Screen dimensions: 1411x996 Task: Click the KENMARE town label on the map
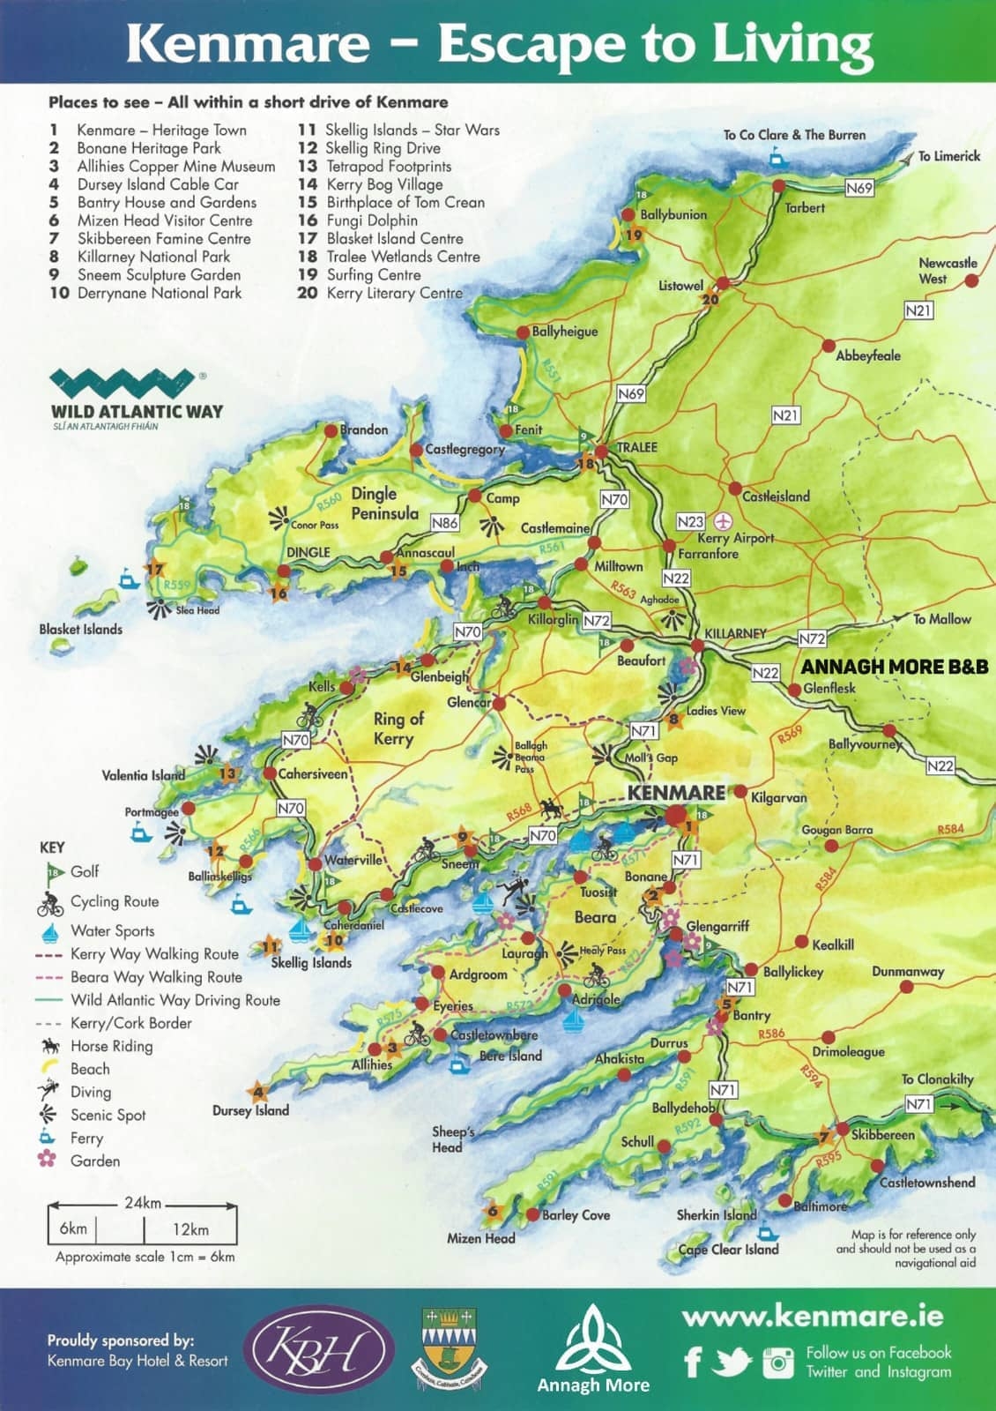click(x=675, y=793)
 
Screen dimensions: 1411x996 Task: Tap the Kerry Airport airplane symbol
click(x=725, y=520)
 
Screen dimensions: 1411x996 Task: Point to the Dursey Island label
click(x=250, y=1110)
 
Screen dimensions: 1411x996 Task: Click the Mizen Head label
click(x=480, y=1238)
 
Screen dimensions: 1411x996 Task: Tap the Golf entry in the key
click(x=85, y=871)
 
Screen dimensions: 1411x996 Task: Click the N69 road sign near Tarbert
click(x=858, y=187)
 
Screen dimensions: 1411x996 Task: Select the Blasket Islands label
click(x=80, y=629)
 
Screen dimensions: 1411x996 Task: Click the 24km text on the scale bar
click(x=143, y=1203)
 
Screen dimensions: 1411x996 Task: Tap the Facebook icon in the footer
click(x=694, y=1362)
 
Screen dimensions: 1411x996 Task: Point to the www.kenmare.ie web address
click(x=812, y=1317)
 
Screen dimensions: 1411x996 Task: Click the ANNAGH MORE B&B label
click(x=894, y=667)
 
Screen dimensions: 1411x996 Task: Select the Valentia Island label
click(x=143, y=775)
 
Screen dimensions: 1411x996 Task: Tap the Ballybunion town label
click(x=673, y=214)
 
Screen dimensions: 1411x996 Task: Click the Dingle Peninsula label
click(x=384, y=503)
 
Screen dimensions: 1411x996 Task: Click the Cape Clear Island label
click(x=728, y=1249)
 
